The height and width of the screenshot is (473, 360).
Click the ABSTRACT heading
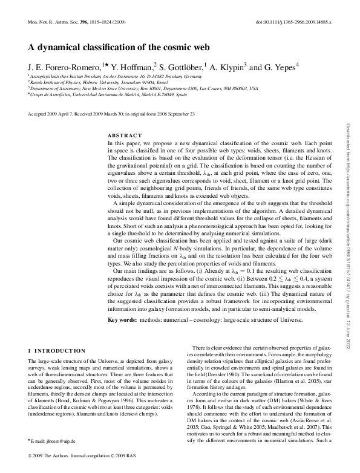point(125,135)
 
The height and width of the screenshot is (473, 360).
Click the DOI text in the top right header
point(294,21)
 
